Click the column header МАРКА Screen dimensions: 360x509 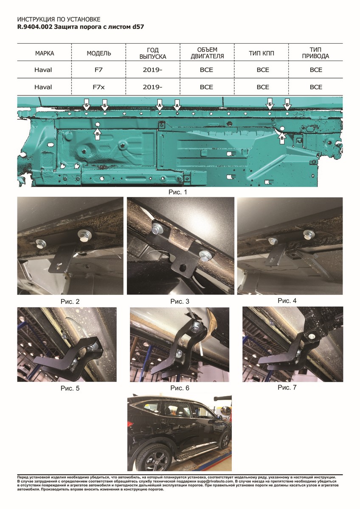pyautogui.click(x=45, y=53)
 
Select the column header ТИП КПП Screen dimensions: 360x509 pyautogui.click(x=262, y=53)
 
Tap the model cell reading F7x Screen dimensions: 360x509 pyautogui.click(x=98, y=87)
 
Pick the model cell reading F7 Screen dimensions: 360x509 pyautogui.click(x=98, y=70)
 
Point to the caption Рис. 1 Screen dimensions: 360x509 pyautogui.click(x=177, y=192)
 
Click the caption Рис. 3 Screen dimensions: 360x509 pyautogui.click(x=180, y=302)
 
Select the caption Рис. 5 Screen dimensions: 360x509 pyautogui.click(x=70, y=389)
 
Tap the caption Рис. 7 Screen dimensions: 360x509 pyautogui.click(x=287, y=387)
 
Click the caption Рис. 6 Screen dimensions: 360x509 pyautogui.click(x=180, y=388)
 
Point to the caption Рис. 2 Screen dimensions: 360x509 pyautogui.click(x=70, y=302)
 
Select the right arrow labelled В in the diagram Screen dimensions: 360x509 pyautogui.click(x=282, y=138)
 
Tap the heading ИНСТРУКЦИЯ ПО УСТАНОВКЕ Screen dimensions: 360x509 pyautogui.click(x=59, y=20)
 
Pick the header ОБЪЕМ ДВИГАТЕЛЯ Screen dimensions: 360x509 pyautogui.click(x=207, y=53)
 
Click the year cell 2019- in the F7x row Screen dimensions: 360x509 pyautogui.click(x=152, y=87)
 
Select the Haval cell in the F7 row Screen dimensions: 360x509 pyautogui.click(x=43, y=70)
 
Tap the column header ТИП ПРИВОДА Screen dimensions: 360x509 pyautogui.click(x=315, y=53)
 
